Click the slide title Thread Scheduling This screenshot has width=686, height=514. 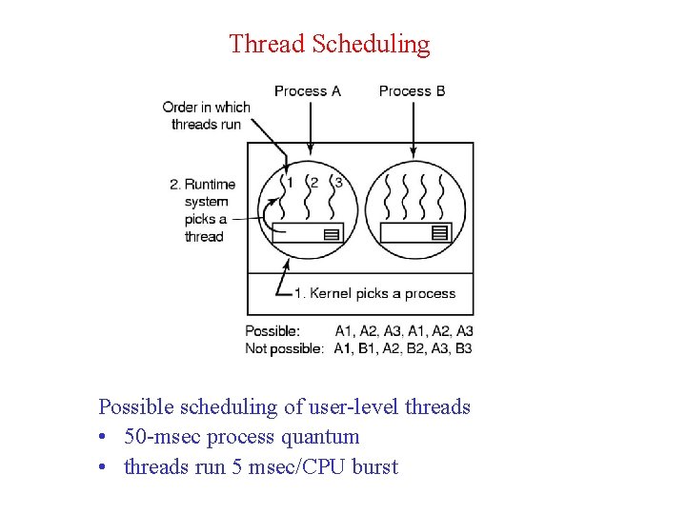coord(330,44)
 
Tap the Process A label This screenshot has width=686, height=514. coord(307,91)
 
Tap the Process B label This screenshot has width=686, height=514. coord(412,91)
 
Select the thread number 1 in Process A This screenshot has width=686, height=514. coord(290,183)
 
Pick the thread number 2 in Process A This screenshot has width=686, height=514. coord(313,183)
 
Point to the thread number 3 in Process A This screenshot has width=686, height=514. coord(338,183)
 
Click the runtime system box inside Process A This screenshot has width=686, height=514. coord(307,232)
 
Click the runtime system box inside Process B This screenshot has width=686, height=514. coord(414,232)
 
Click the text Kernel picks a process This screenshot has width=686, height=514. coord(374,293)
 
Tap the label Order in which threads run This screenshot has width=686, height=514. coord(206,115)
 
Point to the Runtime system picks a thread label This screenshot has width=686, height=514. coord(203,210)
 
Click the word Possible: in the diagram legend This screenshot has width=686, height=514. coord(272,331)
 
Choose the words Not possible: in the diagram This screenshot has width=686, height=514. coord(284,348)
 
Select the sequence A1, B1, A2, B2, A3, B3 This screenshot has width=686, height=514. coord(403,348)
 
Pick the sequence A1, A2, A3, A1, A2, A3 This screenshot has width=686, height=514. coord(404,331)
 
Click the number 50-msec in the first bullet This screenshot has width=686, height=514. coord(162,437)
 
